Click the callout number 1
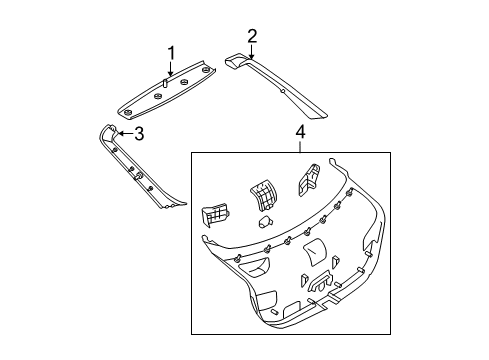171,53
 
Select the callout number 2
252,36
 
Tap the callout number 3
139,134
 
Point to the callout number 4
300,132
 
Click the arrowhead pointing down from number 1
171,74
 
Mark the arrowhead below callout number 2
252,56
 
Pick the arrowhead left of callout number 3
122,134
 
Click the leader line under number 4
300,147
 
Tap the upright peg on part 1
165,83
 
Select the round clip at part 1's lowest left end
127,113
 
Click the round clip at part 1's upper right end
206,69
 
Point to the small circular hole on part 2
282,91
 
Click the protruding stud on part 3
138,177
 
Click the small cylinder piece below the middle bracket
265,221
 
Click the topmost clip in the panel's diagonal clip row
350,192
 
